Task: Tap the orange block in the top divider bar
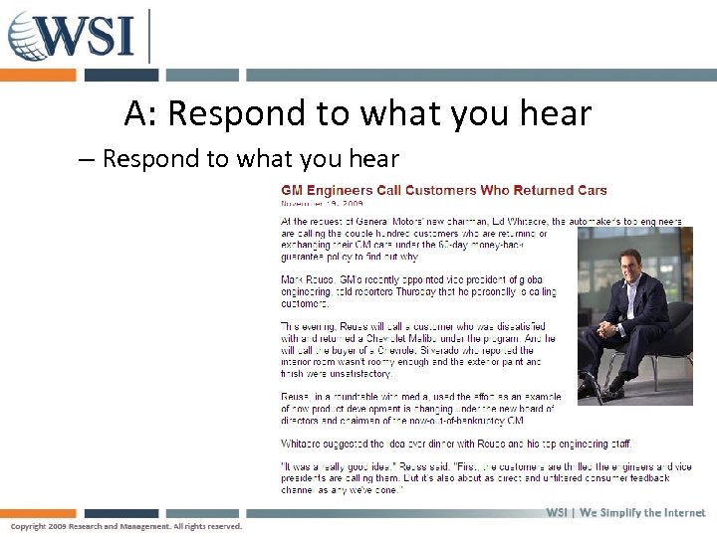click(x=38, y=76)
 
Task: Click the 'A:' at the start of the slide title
click(x=139, y=114)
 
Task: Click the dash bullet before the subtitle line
click(x=86, y=159)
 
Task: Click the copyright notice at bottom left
click(x=125, y=526)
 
